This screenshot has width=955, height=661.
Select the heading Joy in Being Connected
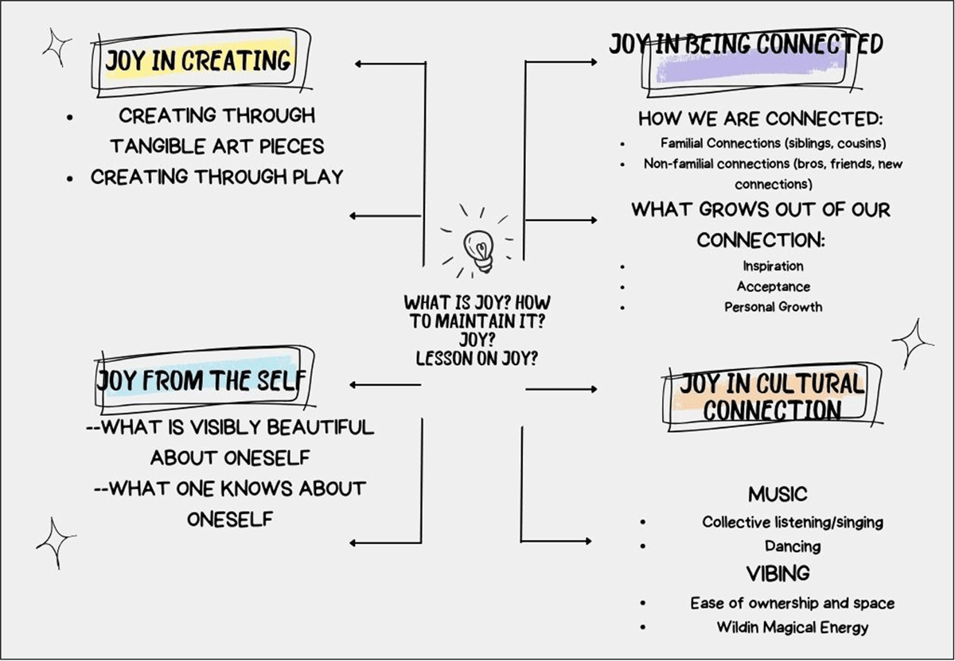(746, 45)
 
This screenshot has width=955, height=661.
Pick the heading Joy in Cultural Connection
(770, 396)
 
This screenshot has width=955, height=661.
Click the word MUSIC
(777, 494)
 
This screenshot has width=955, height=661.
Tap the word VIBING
(778, 573)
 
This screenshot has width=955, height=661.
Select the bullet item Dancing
(792, 546)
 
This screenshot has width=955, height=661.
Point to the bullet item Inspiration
(773, 266)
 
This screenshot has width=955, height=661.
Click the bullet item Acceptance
(773, 286)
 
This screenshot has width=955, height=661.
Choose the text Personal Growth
(773, 306)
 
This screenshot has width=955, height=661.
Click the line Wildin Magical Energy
(792, 627)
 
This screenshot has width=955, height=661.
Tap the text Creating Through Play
(216, 177)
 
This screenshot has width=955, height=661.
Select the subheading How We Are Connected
(762, 119)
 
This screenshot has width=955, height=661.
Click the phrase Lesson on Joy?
(477, 358)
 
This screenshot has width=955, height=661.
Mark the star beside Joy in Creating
(57, 47)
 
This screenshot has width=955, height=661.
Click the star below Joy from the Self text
(56, 542)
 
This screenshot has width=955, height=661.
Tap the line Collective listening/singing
(792, 522)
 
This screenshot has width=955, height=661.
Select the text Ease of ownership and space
(792, 603)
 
